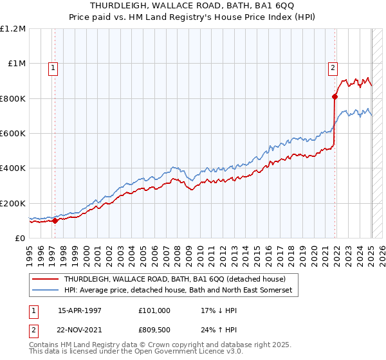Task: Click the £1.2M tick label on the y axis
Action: [x=13, y=29]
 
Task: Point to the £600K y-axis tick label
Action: [x=13, y=134]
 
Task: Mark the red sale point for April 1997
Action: [x=55, y=221]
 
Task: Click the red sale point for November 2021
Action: [x=335, y=97]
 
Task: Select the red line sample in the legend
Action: [x=44, y=279]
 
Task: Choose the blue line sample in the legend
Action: [x=44, y=291]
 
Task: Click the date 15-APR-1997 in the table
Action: [x=80, y=310]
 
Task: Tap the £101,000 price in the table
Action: [x=154, y=310]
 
